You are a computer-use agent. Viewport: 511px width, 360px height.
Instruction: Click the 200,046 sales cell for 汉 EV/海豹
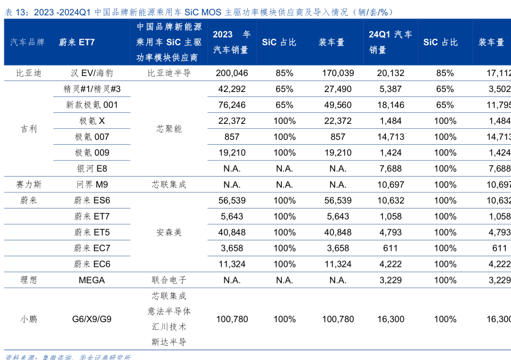232,73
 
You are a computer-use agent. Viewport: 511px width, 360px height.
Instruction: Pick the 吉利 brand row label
28,129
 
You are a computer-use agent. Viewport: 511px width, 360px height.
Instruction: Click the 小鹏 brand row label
28,320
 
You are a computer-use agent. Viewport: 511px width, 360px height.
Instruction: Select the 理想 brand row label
28,280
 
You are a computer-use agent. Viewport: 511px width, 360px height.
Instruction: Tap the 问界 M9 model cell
92,185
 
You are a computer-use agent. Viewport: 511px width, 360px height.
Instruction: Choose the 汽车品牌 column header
28,42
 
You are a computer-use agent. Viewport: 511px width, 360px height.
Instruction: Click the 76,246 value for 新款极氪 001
232,105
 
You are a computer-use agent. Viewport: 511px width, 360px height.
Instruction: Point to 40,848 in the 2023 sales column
232,232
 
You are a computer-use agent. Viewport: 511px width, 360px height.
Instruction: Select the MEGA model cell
92,280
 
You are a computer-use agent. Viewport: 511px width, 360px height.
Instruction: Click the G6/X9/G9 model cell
92,320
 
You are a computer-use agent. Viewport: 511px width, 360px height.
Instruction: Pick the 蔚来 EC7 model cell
92,248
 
